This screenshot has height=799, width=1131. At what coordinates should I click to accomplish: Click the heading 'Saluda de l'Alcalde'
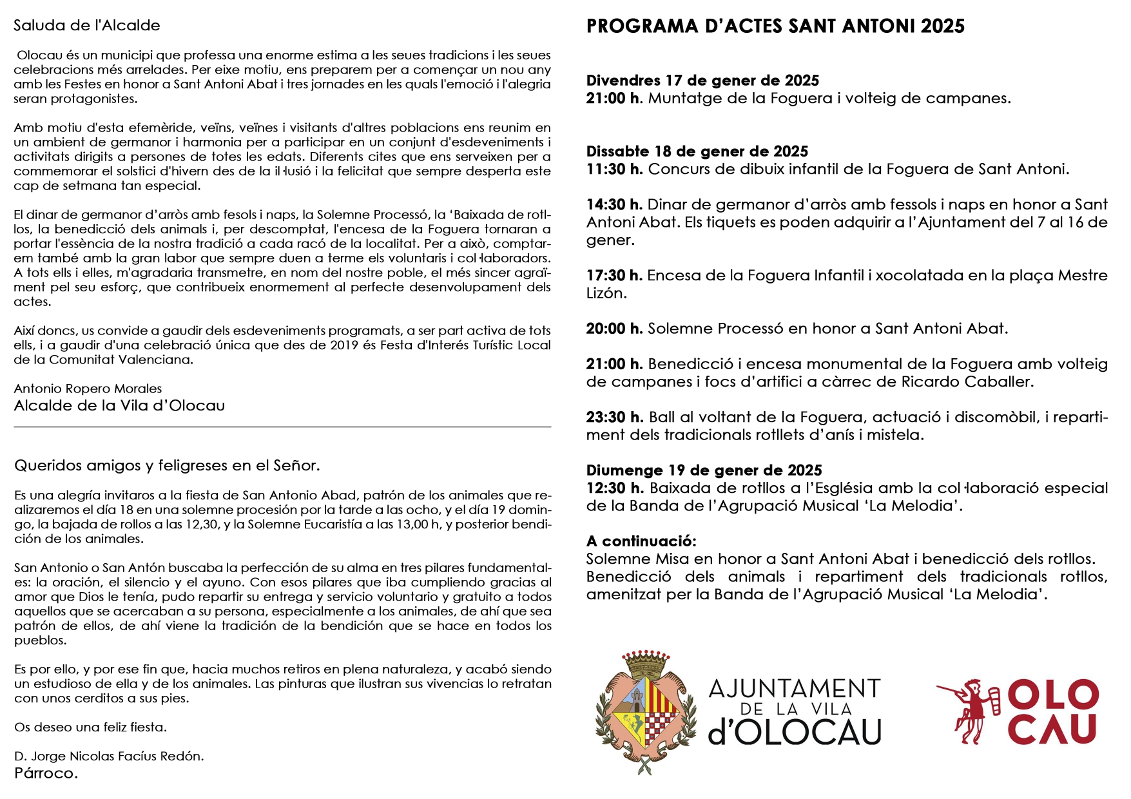point(86,25)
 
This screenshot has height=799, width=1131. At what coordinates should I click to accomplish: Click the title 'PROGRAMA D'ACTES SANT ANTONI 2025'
point(775,26)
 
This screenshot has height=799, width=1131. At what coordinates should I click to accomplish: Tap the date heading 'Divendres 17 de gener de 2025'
point(702,81)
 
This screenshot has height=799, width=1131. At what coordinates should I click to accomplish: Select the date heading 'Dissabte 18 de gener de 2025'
point(697,151)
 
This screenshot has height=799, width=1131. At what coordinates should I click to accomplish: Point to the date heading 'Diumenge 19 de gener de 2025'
point(704,470)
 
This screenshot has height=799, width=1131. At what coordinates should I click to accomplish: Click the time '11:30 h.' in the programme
point(614,169)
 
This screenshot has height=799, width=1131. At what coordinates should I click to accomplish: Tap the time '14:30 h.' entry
point(614,205)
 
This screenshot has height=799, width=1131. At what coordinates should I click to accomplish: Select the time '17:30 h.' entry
point(614,276)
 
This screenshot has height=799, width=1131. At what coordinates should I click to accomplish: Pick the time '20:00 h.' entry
point(614,329)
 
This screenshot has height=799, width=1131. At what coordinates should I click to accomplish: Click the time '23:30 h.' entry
point(614,418)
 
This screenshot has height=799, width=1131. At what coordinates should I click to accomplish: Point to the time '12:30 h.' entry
point(614,488)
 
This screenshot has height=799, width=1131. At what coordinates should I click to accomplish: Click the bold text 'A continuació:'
point(641,541)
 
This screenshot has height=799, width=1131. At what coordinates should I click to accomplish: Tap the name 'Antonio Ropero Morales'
point(88,389)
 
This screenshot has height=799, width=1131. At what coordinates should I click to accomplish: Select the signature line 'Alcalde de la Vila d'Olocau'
point(119,406)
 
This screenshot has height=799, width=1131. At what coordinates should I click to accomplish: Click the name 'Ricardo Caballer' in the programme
point(967,382)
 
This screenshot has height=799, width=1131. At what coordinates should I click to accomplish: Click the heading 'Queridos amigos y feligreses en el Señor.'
point(167,465)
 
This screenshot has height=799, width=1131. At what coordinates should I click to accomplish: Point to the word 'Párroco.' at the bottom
point(46,773)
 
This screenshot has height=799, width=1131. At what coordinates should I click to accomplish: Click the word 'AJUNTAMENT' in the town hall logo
point(794,689)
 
